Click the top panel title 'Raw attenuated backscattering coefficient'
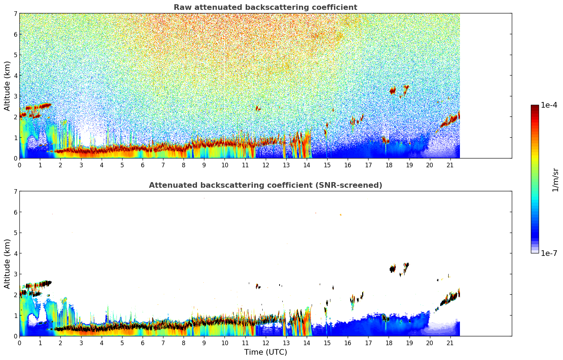point(265,7)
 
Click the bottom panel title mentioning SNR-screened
point(265,185)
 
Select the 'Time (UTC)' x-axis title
point(265,352)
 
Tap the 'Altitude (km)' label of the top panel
point(7,86)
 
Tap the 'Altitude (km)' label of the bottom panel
point(7,264)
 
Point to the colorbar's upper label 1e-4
point(549,105)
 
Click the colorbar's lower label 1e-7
point(549,253)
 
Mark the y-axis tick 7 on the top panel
point(16,14)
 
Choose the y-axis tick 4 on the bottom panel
point(16,253)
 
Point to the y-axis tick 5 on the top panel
point(16,55)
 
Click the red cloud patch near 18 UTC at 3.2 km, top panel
point(393,91)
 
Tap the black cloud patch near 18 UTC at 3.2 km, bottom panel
point(392,269)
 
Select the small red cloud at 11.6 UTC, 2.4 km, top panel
point(257,108)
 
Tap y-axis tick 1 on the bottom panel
point(16,315)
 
